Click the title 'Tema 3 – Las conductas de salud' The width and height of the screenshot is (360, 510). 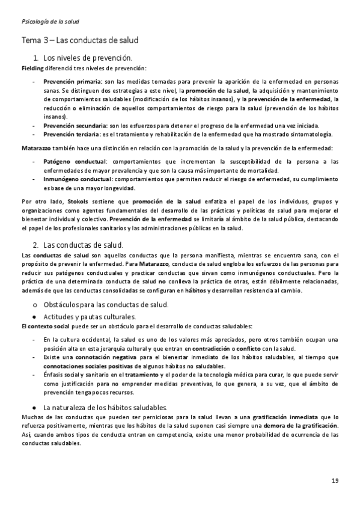click(80, 41)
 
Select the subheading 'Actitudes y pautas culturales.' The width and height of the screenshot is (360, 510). click(90, 316)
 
